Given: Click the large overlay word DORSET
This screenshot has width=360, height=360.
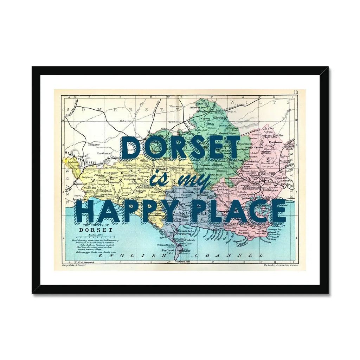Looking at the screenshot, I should [180, 147].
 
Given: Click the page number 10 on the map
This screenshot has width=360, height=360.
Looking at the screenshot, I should [295, 92].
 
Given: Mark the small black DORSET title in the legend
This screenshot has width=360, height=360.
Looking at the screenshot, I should [96, 230].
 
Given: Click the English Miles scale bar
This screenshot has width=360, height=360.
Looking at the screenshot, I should [94, 237].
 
